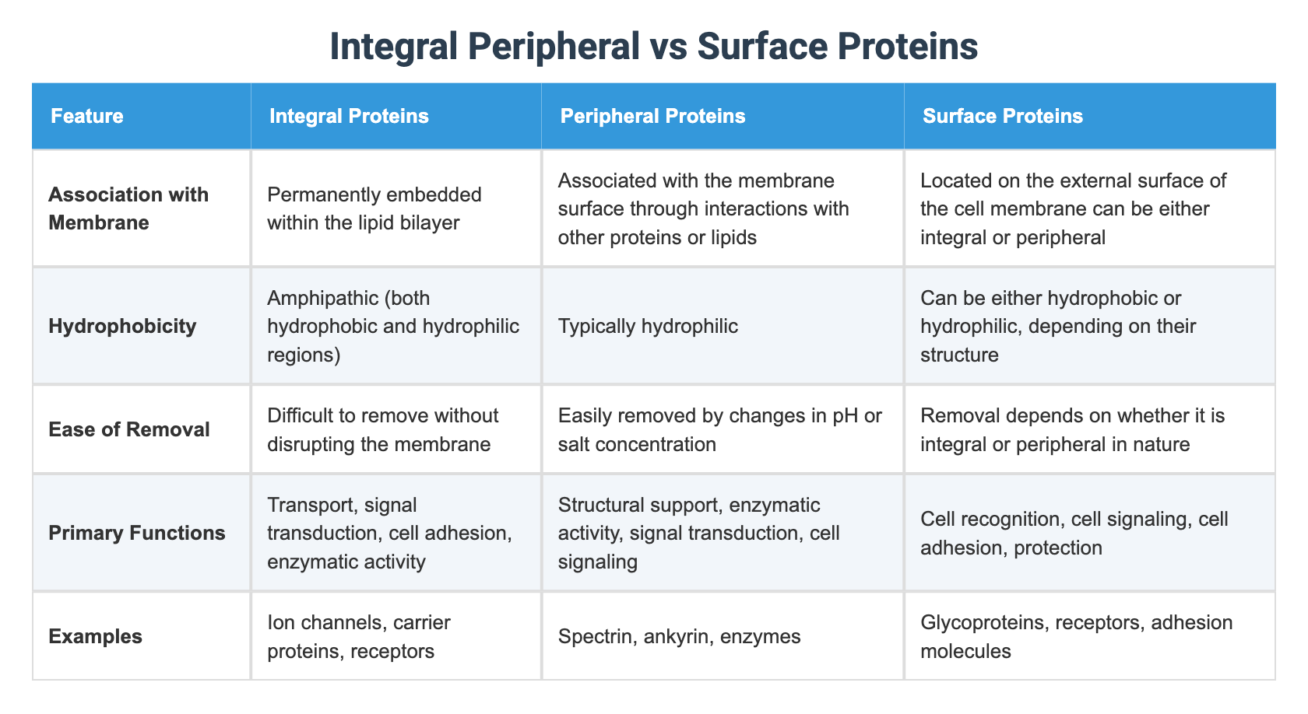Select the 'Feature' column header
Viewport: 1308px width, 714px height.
(87, 116)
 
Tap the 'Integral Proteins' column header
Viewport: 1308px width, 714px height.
(349, 116)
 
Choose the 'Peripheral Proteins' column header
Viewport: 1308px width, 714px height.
(652, 116)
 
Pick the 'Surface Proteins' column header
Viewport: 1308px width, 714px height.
(1003, 116)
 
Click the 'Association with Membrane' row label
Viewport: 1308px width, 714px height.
(128, 208)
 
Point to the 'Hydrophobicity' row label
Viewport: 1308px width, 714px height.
(122, 326)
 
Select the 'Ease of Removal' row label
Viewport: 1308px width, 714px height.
(129, 429)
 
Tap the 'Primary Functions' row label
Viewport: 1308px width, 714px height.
(137, 533)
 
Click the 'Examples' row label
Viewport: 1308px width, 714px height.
(95, 636)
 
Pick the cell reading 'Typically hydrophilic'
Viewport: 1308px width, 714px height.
(648, 326)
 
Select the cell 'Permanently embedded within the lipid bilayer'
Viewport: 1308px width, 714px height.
(374, 208)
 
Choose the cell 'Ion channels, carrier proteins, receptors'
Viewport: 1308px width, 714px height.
(359, 636)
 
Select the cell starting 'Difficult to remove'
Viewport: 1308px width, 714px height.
(382, 429)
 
